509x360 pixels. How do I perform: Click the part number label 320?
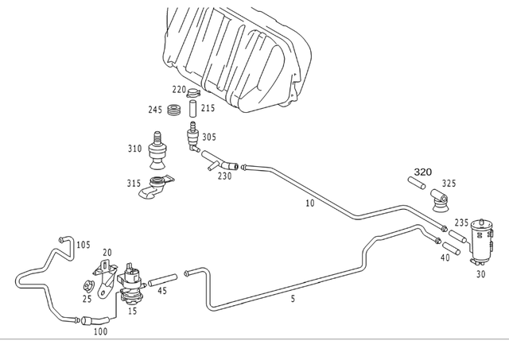coord(422,172)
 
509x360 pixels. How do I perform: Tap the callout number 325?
coord(449,184)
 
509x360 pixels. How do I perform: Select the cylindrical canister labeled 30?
coord(480,238)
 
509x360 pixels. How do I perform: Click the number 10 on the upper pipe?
coord(310,204)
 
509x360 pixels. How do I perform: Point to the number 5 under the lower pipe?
coord(293,299)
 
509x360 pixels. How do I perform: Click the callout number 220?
coord(180,91)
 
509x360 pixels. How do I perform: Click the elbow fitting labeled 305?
coord(192,137)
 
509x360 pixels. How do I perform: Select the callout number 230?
coord(225,176)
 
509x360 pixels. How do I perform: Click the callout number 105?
coord(83,245)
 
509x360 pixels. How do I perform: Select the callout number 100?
coord(100,331)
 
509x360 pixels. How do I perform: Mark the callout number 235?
coord(460,223)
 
